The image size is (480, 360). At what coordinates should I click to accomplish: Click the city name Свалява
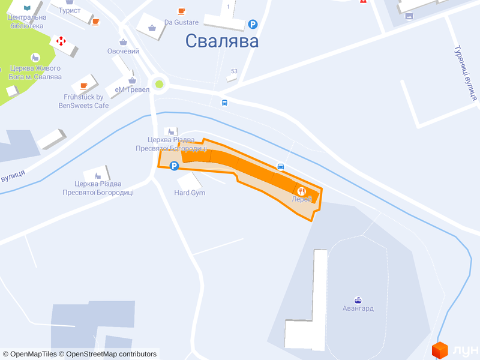tap(222, 41)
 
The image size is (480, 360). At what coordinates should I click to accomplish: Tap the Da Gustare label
tap(181, 23)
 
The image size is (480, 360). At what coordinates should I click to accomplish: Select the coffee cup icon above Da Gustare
tap(181, 11)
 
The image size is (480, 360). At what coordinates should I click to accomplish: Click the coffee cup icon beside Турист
tap(96, 22)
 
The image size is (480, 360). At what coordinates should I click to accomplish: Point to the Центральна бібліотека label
tap(26, 22)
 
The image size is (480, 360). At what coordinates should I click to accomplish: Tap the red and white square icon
tap(60, 41)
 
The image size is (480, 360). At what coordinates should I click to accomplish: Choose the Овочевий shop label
tap(123, 51)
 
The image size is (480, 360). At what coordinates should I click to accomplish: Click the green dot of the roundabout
tap(159, 84)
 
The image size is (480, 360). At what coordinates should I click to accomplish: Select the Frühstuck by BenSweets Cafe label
tap(84, 101)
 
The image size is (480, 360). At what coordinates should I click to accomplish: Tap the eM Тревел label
tap(132, 89)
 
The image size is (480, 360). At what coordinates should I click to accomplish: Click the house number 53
tap(234, 71)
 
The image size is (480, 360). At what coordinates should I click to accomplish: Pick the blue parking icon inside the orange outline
tap(174, 166)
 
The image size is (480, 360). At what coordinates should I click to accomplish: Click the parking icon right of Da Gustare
tap(253, 25)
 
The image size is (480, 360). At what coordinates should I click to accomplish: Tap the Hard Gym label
tap(190, 193)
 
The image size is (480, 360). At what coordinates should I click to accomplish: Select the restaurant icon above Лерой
tap(302, 190)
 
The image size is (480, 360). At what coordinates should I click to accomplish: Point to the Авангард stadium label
tap(358, 308)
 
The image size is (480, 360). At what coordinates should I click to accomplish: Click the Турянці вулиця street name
tap(465, 72)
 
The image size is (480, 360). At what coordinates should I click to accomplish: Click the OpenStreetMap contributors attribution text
tap(112, 354)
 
